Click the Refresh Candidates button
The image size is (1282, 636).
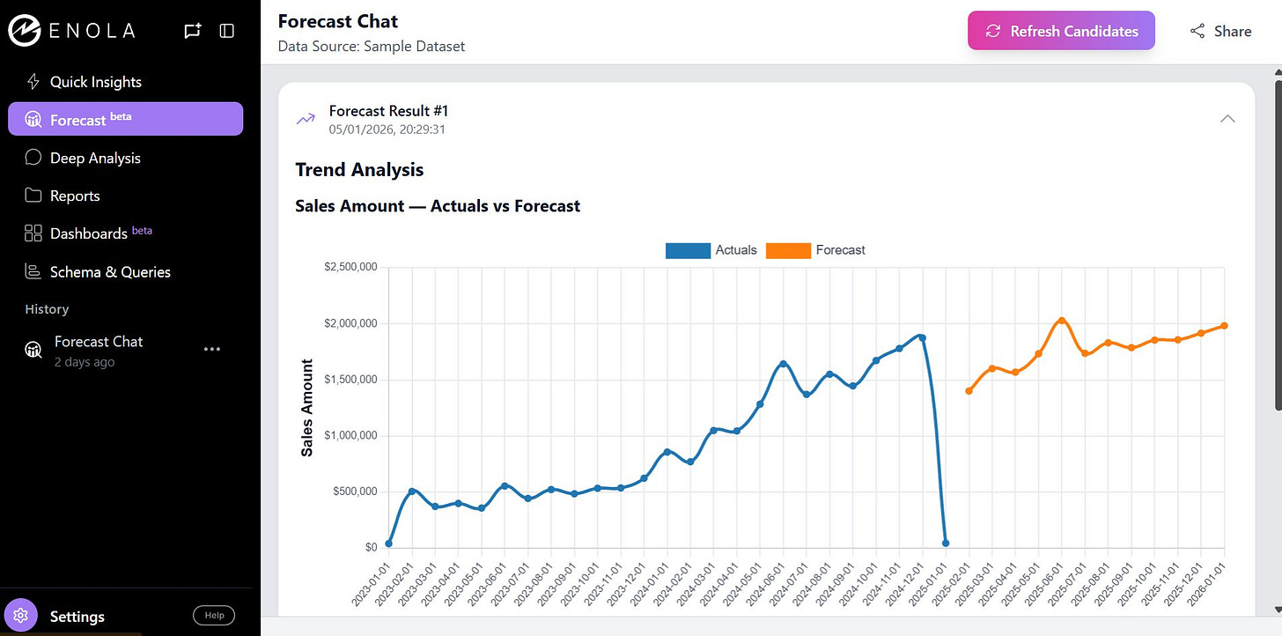pos(1061,31)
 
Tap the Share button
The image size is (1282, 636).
pos(1220,31)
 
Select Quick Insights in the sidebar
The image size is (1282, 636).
pos(95,82)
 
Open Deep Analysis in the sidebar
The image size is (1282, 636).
pos(95,158)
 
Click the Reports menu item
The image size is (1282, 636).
pos(75,196)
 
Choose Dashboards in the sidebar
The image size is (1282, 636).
pos(88,233)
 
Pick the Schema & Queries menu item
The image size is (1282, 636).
pos(110,272)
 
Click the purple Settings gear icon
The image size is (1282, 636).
pos(21,615)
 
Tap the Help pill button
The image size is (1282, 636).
pos(214,615)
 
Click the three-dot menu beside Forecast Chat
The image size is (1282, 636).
pos(211,349)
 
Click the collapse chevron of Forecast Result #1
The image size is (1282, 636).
pos(1227,119)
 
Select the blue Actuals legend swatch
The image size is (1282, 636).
pos(688,250)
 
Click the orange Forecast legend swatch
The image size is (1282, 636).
pos(788,250)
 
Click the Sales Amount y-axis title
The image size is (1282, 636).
pos(307,407)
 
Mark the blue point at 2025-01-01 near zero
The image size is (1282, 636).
pos(945,544)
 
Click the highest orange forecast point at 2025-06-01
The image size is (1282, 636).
pos(1062,321)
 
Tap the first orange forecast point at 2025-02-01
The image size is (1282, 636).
pos(969,390)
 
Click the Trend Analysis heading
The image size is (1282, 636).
pos(359,169)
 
